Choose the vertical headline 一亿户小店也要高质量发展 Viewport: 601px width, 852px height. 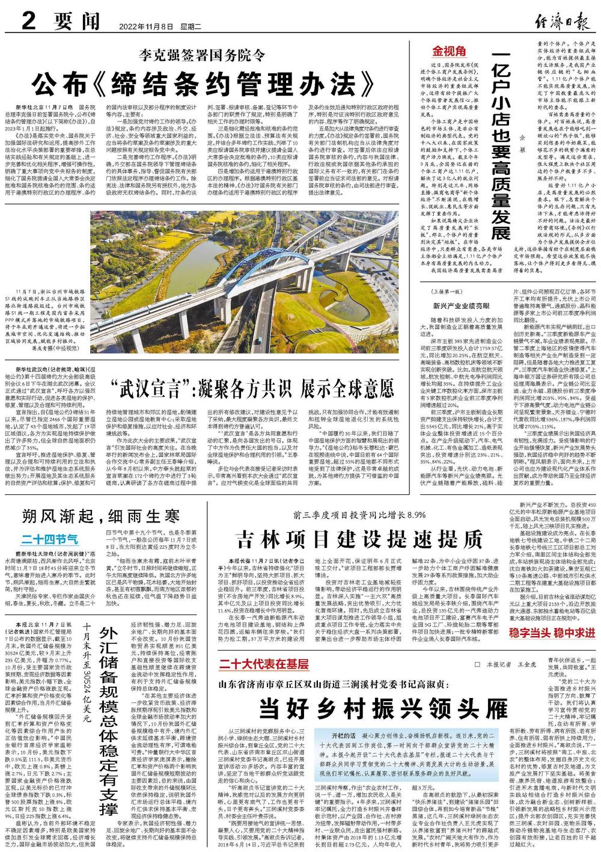pyautogui.click(x=501, y=144)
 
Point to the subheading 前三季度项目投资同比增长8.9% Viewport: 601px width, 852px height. pyautogui.click(x=359, y=515)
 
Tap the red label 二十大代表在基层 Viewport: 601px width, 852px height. pyautogui.click(x=263, y=664)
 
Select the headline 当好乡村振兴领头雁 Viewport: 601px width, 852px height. pyautogui.click(x=383, y=706)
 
